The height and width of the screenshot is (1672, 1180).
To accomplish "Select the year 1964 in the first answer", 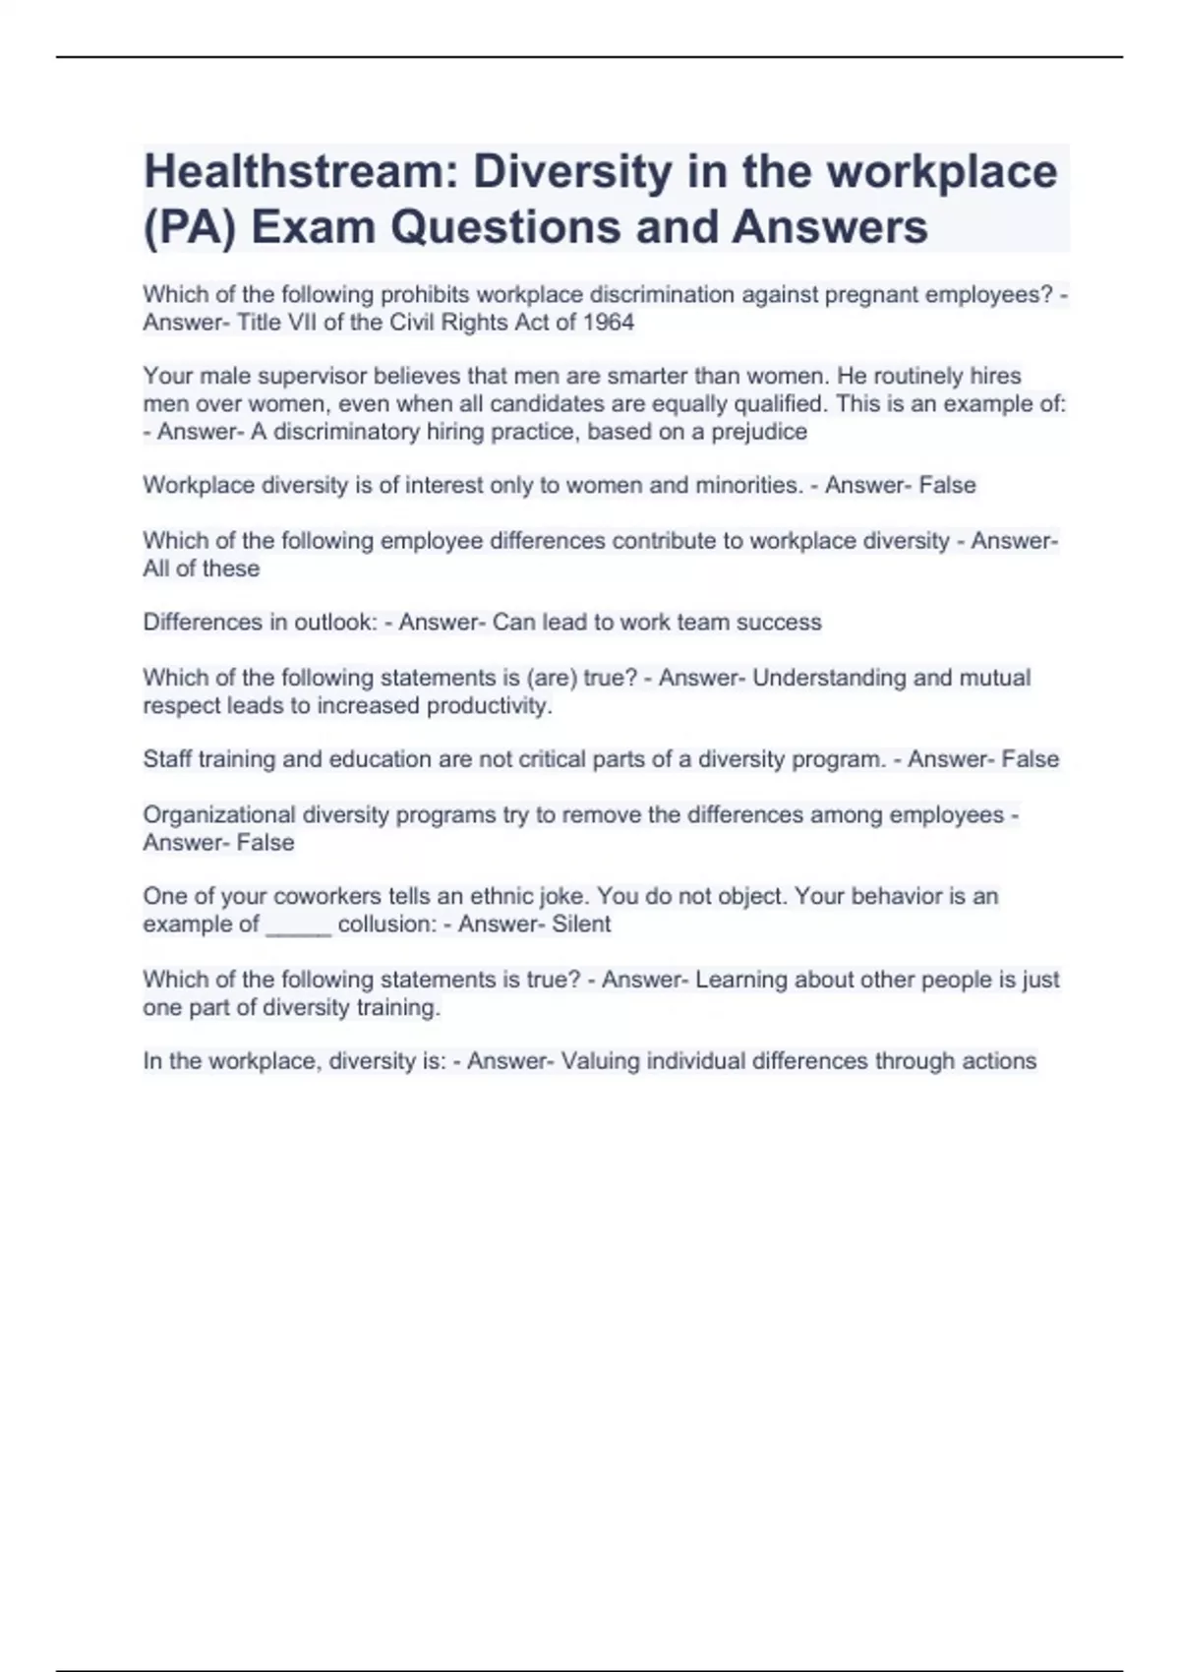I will click(x=610, y=323).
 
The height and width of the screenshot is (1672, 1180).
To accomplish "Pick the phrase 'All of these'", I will click(x=202, y=568).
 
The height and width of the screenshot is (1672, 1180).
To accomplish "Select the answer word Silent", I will click(x=581, y=925).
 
